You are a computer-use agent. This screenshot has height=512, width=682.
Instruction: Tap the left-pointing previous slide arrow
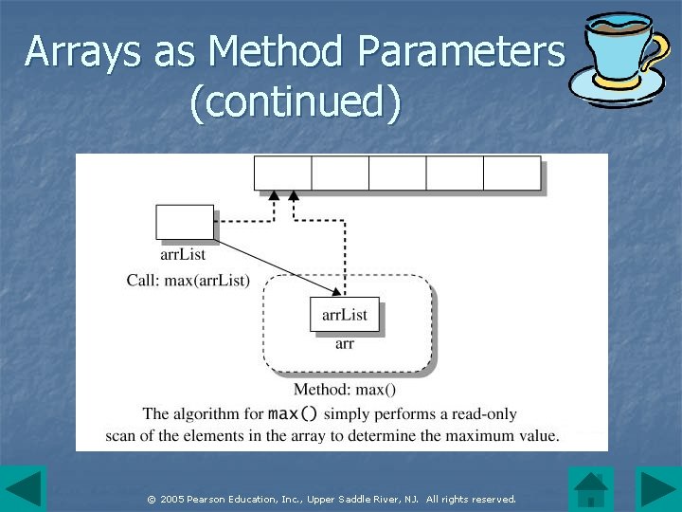(x=23, y=488)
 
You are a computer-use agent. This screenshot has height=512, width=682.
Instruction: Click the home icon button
(x=591, y=488)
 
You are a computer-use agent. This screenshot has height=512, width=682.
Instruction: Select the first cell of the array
(x=283, y=174)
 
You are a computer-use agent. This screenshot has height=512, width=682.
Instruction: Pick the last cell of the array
(x=511, y=174)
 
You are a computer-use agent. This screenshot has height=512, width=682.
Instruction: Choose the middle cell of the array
(x=397, y=174)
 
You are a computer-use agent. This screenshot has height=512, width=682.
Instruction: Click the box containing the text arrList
(x=345, y=315)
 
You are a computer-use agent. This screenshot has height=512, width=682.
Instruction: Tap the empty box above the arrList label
(x=185, y=223)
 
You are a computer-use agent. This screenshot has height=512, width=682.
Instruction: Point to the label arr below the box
(x=345, y=344)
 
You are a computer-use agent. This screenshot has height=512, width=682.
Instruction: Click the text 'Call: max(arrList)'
(x=188, y=280)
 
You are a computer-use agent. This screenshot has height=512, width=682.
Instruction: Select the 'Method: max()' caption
(x=345, y=390)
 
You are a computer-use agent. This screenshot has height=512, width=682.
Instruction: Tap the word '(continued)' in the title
(x=296, y=102)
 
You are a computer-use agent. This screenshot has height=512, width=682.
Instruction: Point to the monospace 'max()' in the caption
(x=294, y=413)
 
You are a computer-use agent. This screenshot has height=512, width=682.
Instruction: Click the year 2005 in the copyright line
(x=172, y=499)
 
